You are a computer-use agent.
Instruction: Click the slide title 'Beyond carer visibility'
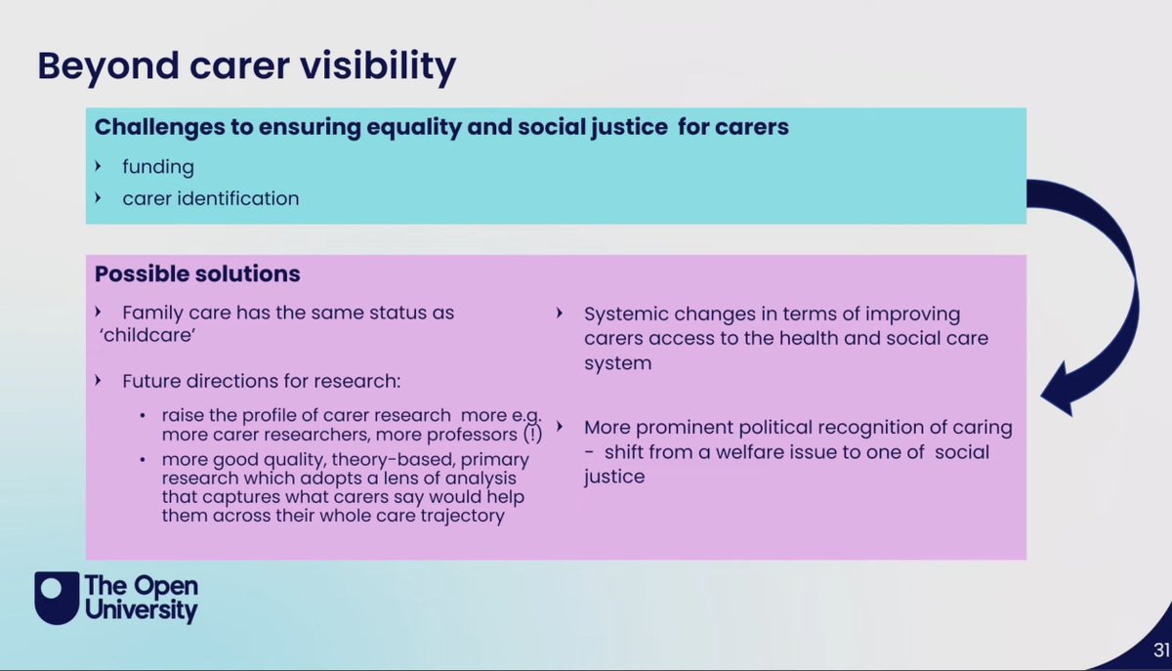tap(246, 66)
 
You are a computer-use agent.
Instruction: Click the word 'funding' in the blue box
tap(158, 167)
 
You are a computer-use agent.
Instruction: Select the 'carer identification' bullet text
tap(210, 198)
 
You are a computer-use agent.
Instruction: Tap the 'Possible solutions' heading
tap(197, 273)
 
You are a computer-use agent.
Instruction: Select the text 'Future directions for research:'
tap(262, 379)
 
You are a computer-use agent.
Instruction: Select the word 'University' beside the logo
tap(141, 611)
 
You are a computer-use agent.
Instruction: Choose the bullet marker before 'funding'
tap(98, 167)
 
